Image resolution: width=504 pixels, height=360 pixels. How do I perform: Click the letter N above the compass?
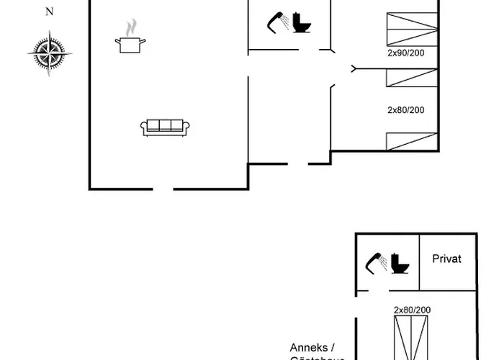(x=49, y=11)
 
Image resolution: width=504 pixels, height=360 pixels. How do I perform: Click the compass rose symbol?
(x=49, y=53)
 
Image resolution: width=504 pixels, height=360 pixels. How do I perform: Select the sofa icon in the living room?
(x=165, y=127)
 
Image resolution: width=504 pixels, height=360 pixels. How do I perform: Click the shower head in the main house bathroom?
(x=276, y=22)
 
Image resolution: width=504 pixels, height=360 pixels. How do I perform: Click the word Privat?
(x=446, y=258)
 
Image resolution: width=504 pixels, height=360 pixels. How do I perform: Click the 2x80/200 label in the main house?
(x=406, y=110)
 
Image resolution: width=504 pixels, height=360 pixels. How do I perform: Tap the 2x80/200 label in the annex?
(x=412, y=309)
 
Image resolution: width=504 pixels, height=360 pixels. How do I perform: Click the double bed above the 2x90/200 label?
(x=412, y=30)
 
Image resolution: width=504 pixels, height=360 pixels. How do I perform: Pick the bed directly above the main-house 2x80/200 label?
(x=412, y=78)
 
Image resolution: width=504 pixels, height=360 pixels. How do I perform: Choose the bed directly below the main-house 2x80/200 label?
(x=412, y=141)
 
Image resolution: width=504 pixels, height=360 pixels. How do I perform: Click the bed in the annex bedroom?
(x=413, y=338)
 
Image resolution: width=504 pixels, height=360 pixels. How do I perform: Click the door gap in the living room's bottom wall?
(x=163, y=189)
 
